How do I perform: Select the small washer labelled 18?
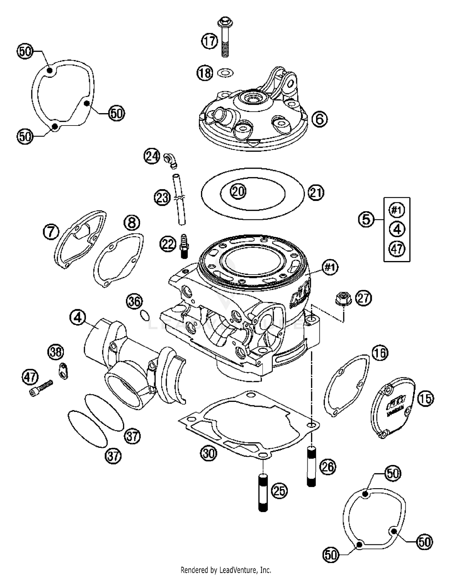pos(223,73)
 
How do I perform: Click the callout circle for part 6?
pos(319,119)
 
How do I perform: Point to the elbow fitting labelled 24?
pos(171,160)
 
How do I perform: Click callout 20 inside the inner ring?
pos(238,191)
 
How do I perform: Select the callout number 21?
pos(316,193)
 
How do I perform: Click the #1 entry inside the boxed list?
pos(397,210)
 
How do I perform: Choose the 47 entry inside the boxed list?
pos(397,249)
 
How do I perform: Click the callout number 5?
pos(366,219)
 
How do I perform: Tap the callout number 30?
pos(209,453)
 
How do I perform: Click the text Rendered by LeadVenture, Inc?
pos(226,570)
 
